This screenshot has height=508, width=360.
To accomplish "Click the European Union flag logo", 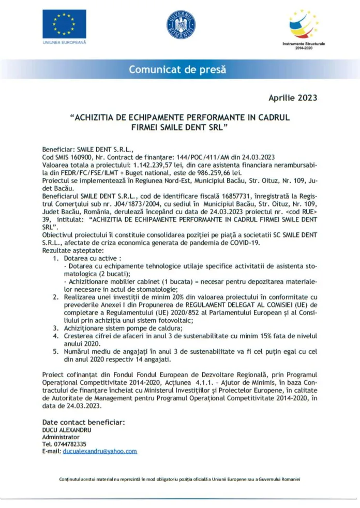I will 64,24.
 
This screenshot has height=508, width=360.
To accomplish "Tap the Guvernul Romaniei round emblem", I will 181,24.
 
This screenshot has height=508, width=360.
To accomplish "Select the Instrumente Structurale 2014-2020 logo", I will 304,26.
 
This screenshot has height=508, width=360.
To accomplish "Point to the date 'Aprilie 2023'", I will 293,97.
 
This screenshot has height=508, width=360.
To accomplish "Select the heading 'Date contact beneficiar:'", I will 83,422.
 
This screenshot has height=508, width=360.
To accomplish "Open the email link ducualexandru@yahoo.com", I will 100,451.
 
